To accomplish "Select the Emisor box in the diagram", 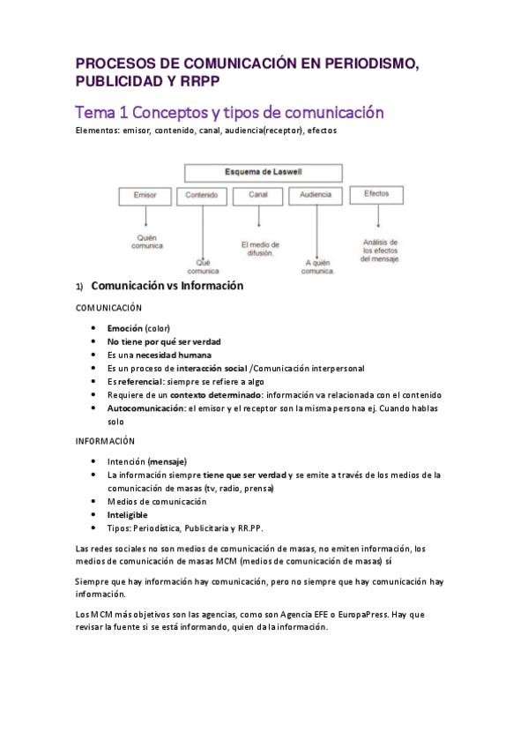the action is click(x=146, y=194).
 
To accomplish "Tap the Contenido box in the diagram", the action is click(x=202, y=194).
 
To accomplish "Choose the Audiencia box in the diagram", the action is click(x=316, y=194).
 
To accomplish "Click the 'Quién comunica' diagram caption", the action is click(x=147, y=241).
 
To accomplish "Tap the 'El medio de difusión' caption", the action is click(x=258, y=248).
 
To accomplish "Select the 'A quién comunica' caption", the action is click(x=317, y=266).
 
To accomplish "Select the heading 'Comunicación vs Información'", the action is click(x=167, y=286).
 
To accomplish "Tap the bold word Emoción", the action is click(x=125, y=327).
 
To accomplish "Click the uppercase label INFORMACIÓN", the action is click(x=105, y=440).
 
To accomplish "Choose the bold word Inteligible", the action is click(x=128, y=515).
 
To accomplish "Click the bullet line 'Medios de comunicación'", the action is click(x=157, y=501).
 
